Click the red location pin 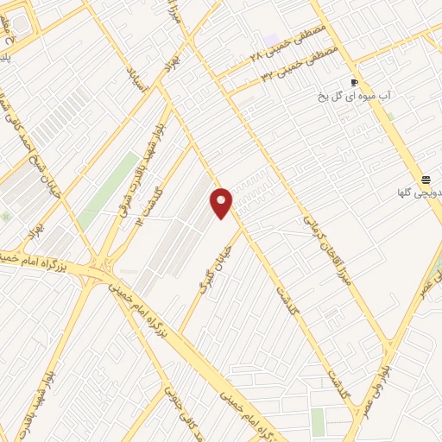point(222,202)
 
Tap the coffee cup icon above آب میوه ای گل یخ point(354,83)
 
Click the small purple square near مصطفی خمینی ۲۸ point(273,41)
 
